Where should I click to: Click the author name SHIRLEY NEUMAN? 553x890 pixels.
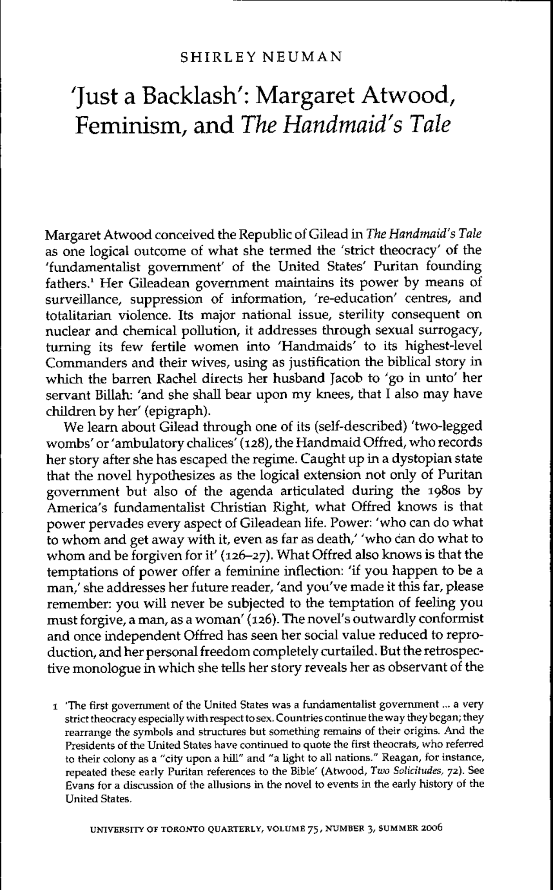261,57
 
